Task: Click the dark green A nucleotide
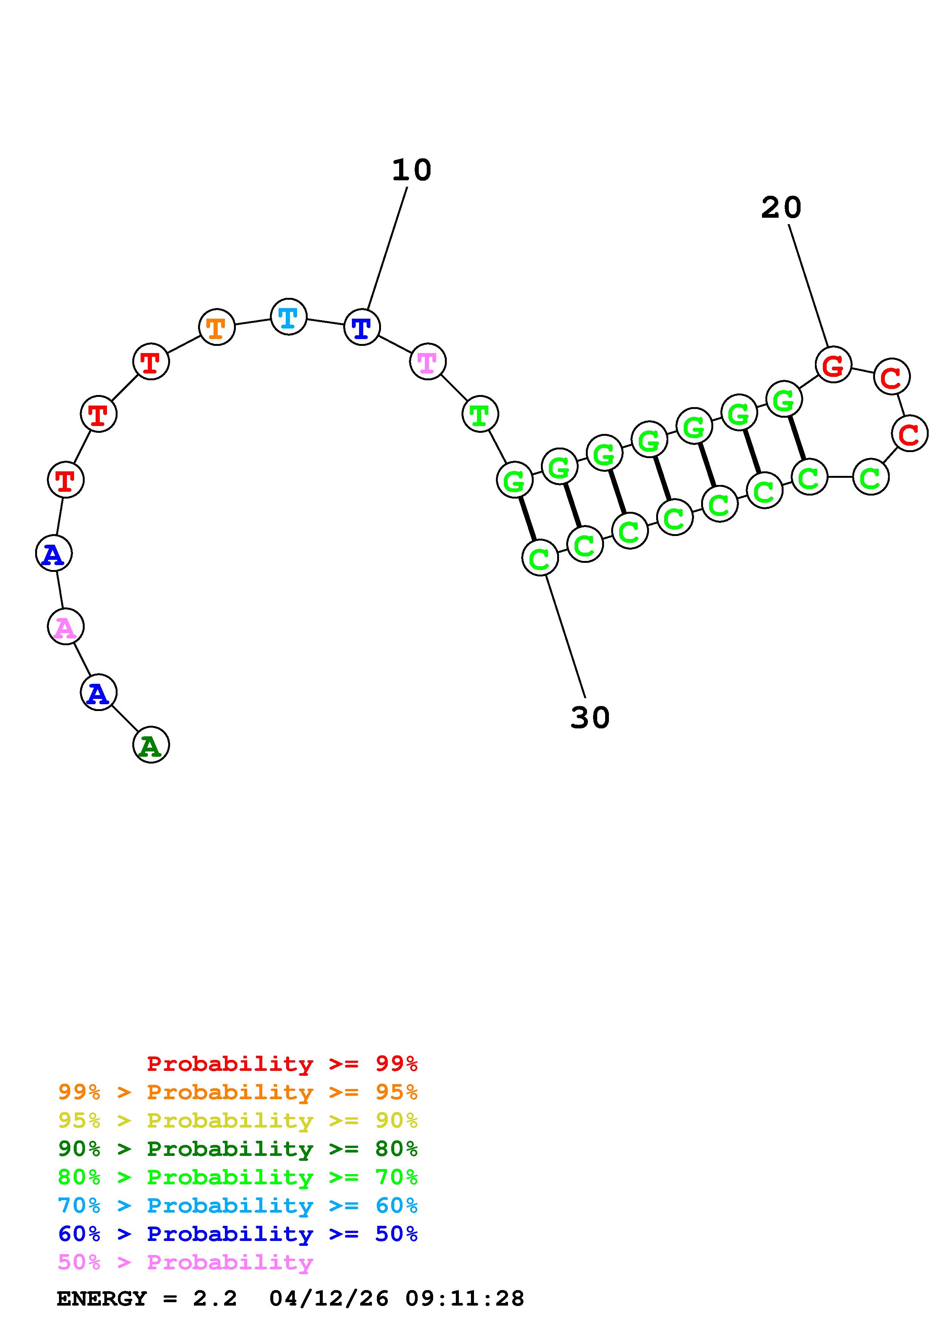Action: coord(151,745)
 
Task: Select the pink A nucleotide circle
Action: coord(65,627)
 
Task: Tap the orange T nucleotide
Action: coord(217,327)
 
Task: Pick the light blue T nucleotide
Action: coord(288,316)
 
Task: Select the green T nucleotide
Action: coord(480,414)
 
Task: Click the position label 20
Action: coord(781,208)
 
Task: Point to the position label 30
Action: coord(589,718)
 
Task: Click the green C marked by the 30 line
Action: coord(539,558)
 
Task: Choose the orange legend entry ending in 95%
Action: coord(237,1092)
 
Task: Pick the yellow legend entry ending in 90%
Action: coord(237,1120)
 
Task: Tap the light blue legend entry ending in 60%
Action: coord(237,1205)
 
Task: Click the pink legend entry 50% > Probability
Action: coord(185,1262)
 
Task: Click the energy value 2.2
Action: coord(215,1298)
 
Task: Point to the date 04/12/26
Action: coord(329,1298)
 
